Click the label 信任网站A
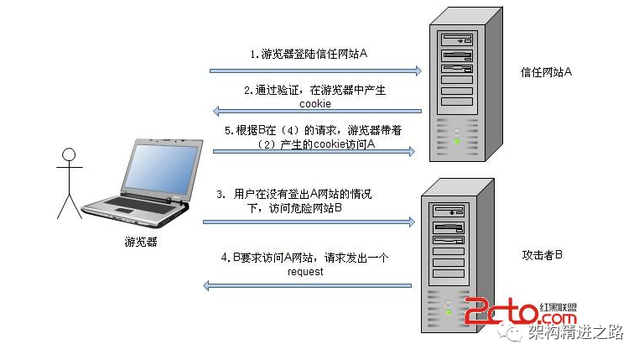pos(546,72)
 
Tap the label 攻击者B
pos(541,253)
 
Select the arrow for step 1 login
pos(315,71)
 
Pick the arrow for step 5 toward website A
pos(315,151)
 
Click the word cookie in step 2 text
pos(315,103)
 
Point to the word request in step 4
pos(305,272)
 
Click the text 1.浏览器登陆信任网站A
pos(309,54)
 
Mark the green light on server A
pos(456,141)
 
